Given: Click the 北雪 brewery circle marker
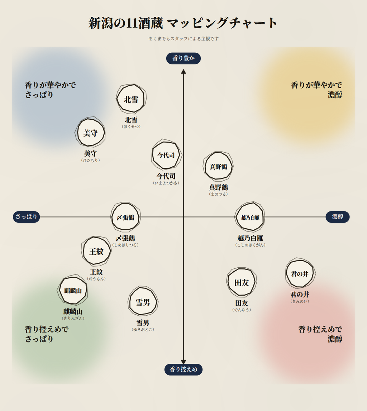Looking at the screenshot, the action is click(131, 99).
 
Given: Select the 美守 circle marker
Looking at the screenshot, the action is click(90, 132).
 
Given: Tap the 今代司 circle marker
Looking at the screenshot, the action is click(166, 155).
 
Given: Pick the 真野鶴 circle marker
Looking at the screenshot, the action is click(218, 166).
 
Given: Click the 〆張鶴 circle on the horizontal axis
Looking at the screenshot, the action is click(125, 217).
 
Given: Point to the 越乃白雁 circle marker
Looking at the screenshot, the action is click(250, 217).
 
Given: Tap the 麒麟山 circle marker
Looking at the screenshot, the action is click(73, 291).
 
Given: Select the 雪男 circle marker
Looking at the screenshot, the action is click(143, 302).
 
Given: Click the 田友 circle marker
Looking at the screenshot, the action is click(242, 282).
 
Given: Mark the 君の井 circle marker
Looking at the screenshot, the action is click(300, 273).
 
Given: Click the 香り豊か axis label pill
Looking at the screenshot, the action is click(183, 58).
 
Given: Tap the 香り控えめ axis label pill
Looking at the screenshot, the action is click(183, 369).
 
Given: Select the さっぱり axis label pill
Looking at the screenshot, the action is click(26, 217).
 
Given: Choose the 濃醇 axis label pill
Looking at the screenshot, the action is click(337, 217).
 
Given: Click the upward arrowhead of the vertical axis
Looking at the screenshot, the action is click(183, 72).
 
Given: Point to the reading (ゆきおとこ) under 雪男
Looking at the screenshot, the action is click(143, 330).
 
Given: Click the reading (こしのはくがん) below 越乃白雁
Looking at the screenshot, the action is click(251, 245).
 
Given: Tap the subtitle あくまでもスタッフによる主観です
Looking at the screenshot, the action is click(183, 39).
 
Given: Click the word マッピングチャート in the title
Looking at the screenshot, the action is click(222, 23).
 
